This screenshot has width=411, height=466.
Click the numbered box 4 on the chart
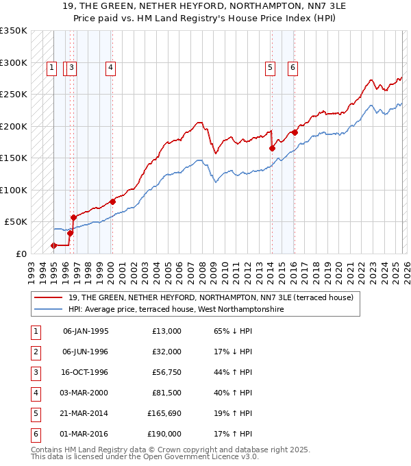(110, 67)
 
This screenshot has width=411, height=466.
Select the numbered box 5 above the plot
(271, 67)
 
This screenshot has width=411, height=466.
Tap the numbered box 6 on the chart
(292, 67)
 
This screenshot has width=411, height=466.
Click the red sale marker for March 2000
(113, 201)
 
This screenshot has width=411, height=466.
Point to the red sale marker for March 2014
(272, 148)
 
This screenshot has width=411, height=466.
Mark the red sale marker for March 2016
(295, 132)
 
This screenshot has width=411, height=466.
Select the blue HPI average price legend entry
(175, 310)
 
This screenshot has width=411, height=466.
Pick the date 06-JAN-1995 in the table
(86, 331)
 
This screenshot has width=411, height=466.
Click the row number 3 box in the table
(34, 373)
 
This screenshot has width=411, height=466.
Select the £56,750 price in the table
(166, 373)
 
